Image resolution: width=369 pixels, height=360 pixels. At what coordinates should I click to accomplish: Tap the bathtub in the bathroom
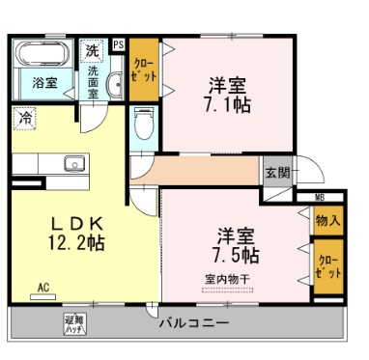43,53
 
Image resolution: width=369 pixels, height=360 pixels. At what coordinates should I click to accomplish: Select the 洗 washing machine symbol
92,50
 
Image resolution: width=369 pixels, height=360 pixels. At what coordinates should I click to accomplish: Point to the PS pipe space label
118,44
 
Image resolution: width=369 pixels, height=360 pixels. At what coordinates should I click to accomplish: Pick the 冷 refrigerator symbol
23,120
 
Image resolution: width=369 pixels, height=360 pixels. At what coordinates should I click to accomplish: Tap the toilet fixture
142,124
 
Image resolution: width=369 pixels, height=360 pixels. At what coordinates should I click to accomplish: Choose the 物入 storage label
326,221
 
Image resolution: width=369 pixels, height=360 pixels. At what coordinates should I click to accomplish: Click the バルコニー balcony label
193,321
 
